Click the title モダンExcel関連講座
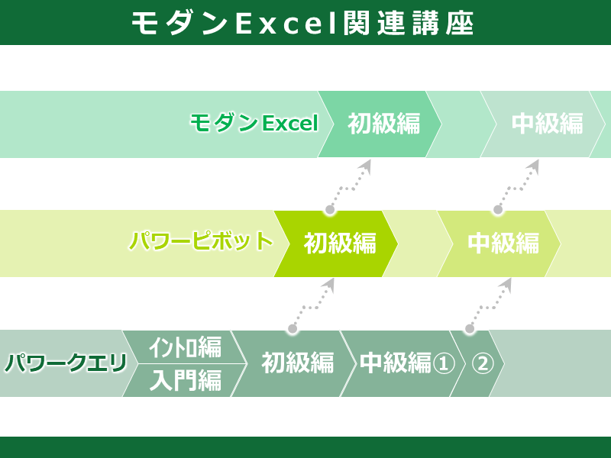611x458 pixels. [x=302, y=24]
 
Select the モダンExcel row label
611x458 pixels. [x=254, y=123]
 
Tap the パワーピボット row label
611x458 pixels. [x=201, y=240]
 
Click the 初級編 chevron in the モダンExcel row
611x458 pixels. [x=380, y=124]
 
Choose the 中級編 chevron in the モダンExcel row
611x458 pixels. [x=543, y=124]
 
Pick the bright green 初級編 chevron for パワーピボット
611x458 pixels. [x=336, y=244]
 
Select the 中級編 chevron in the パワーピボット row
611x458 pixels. [x=499, y=244]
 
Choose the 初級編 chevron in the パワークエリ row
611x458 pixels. [x=294, y=364]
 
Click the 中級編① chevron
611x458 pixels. [x=403, y=364]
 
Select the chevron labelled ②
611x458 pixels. [x=478, y=364]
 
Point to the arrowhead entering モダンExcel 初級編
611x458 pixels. [x=366, y=165]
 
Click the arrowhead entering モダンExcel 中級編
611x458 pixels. [x=533, y=165]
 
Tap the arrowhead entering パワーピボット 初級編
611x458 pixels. [x=329, y=284]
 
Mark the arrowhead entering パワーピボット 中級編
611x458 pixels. [x=506, y=284]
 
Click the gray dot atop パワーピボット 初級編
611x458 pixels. [x=330, y=210]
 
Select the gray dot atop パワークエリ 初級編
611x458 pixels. [x=293, y=329]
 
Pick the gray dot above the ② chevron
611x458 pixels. [x=470, y=329]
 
